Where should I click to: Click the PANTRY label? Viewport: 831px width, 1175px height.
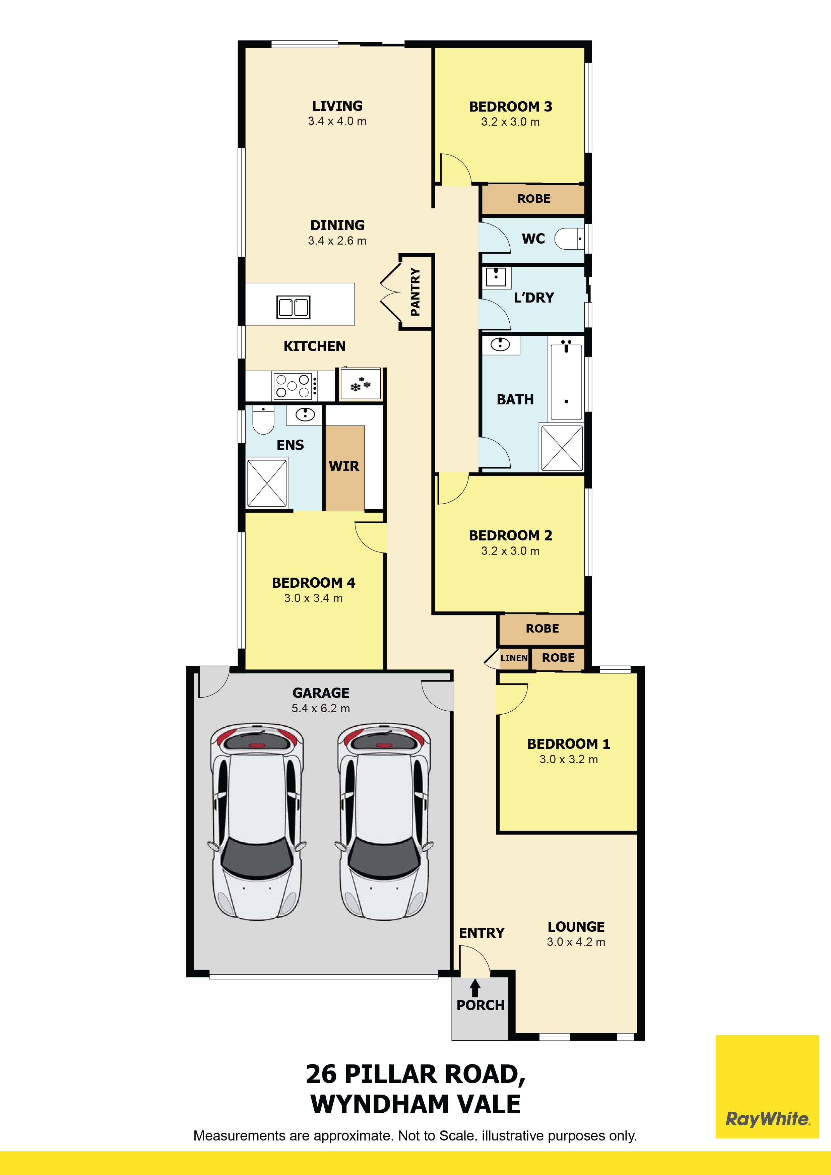415,292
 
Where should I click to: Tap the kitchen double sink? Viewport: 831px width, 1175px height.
293,307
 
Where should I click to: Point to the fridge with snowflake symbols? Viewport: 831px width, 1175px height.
360,383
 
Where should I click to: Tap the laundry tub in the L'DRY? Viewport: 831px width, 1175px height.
496,277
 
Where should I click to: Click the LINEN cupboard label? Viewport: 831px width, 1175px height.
514,658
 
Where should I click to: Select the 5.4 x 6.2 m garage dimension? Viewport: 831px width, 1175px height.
321,708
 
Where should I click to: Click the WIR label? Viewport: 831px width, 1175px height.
344,466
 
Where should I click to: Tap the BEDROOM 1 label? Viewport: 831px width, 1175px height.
569,743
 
